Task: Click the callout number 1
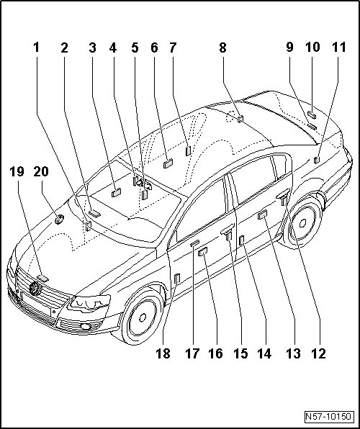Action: click(37, 48)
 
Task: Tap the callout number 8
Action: click(223, 48)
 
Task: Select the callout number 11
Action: click(339, 48)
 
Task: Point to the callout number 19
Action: click(17, 171)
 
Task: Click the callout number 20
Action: click(41, 171)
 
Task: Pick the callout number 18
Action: click(163, 353)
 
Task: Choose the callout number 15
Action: click(241, 353)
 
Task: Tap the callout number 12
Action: click(319, 353)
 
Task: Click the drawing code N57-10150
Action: click(328, 417)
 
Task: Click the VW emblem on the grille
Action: click(35, 289)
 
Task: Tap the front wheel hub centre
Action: click(143, 317)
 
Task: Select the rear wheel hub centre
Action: click(303, 223)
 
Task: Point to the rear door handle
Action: click(283, 193)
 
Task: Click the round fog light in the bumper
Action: click(86, 326)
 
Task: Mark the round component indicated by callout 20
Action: click(59, 219)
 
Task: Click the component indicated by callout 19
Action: click(42, 279)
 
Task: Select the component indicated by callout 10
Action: click(312, 115)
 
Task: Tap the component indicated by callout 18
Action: click(177, 278)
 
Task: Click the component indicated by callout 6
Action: click(168, 163)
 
